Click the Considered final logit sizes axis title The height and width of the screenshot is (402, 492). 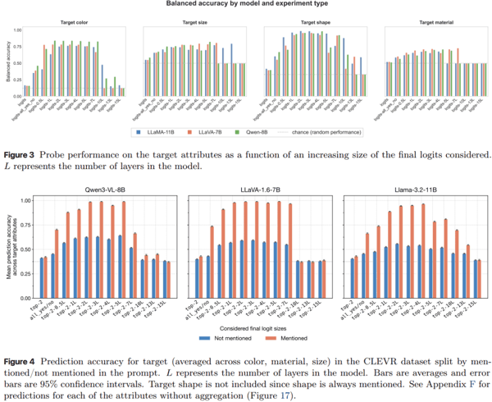[253, 326]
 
